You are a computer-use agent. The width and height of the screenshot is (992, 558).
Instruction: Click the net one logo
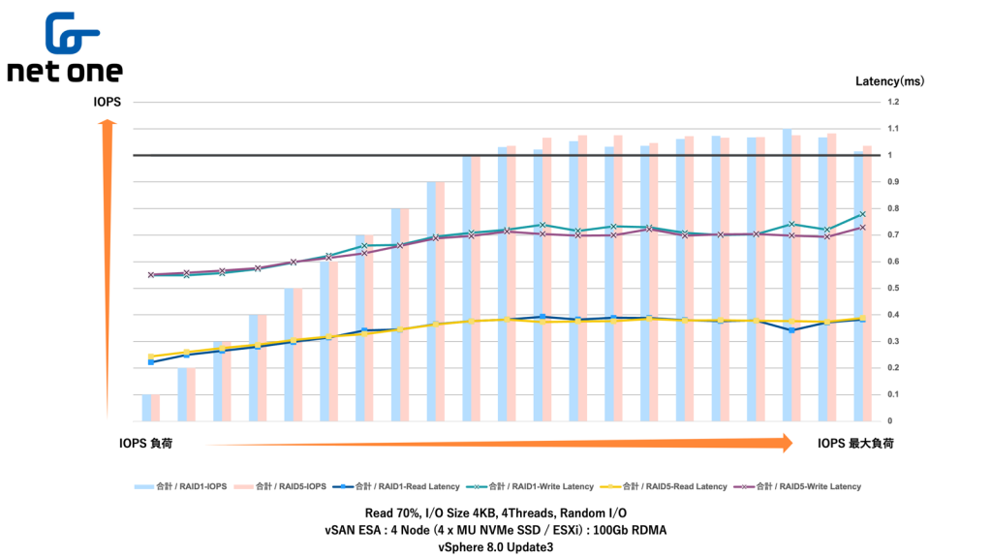point(65,48)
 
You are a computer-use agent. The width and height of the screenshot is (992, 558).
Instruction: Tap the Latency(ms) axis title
point(889,81)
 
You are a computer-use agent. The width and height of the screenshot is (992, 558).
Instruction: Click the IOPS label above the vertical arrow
point(107,101)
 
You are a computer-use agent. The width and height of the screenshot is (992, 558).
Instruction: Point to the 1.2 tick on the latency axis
point(893,102)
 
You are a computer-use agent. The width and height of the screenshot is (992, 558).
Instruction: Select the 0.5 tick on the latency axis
point(893,289)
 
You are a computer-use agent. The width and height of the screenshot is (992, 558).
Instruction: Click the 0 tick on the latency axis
point(889,421)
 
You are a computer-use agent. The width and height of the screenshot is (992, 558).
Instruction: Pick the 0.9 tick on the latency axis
point(893,182)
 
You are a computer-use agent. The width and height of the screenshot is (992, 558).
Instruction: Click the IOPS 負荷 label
point(147,444)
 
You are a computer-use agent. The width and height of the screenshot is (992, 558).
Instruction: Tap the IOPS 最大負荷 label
point(855,444)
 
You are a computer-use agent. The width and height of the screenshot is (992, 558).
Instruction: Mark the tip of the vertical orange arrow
point(108,122)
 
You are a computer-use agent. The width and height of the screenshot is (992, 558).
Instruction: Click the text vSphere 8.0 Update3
point(496,546)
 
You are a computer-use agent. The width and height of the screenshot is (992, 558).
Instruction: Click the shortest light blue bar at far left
point(146,408)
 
